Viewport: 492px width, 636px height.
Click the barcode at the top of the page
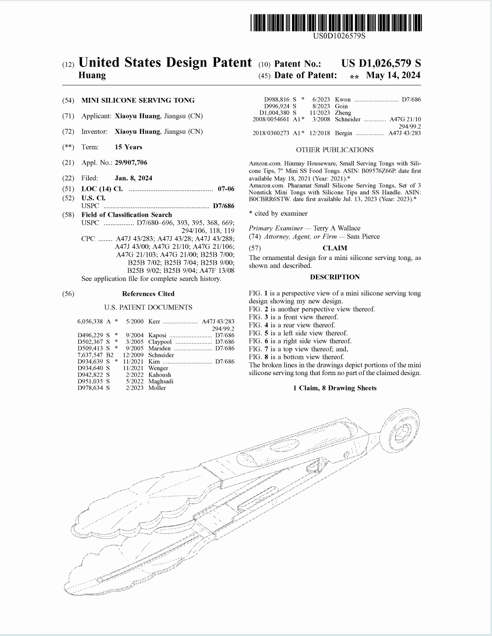point(336,23)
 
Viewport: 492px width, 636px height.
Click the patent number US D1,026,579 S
point(381,63)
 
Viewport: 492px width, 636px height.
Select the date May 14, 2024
point(393,75)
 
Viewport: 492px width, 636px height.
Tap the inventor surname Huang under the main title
point(92,75)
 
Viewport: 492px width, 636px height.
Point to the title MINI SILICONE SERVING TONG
point(138,100)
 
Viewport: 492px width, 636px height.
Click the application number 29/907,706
point(131,163)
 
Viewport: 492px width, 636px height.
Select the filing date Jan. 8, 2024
point(133,178)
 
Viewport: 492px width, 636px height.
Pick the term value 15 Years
point(129,147)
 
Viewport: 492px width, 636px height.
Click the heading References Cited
point(148,294)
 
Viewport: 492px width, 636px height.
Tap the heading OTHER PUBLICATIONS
point(335,150)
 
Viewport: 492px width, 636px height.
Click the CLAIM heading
point(335,248)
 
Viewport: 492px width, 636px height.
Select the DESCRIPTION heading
point(335,277)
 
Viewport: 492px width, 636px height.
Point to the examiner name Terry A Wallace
point(337,228)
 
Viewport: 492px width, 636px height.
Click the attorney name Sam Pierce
point(363,236)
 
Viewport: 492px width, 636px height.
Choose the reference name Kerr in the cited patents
point(154,321)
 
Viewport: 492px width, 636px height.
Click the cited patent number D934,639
point(90,362)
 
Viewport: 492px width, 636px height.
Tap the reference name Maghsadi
point(161,381)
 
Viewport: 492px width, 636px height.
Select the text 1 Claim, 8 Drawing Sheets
point(335,388)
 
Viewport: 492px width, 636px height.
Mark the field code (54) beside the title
point(68,100)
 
